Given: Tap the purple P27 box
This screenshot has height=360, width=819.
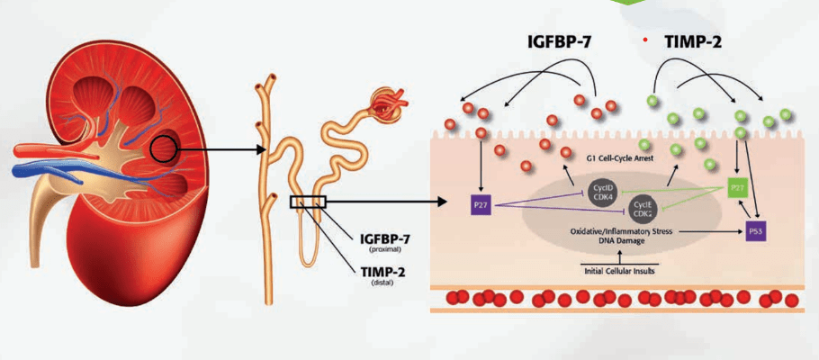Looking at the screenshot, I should pyautogui.click(x=481, y=205).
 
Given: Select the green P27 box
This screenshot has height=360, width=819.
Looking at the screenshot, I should pyautogui.click(x=737, y=188).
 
